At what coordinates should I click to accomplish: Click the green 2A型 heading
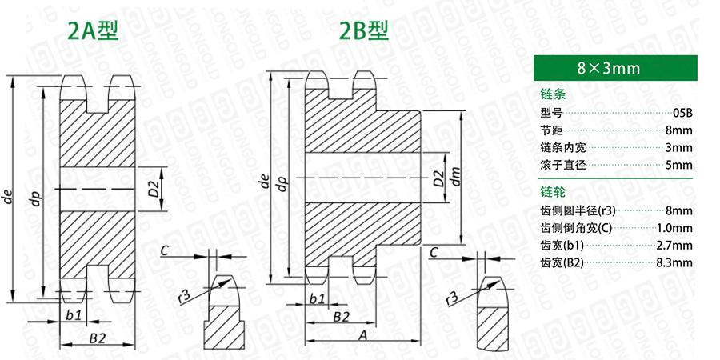tap(93, 30)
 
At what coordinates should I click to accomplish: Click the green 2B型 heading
tap(364, 30)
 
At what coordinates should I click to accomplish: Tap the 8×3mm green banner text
tap(609, 69)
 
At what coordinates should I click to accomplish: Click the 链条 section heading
tap(554, 95)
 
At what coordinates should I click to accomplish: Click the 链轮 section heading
tap(554, 191)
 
